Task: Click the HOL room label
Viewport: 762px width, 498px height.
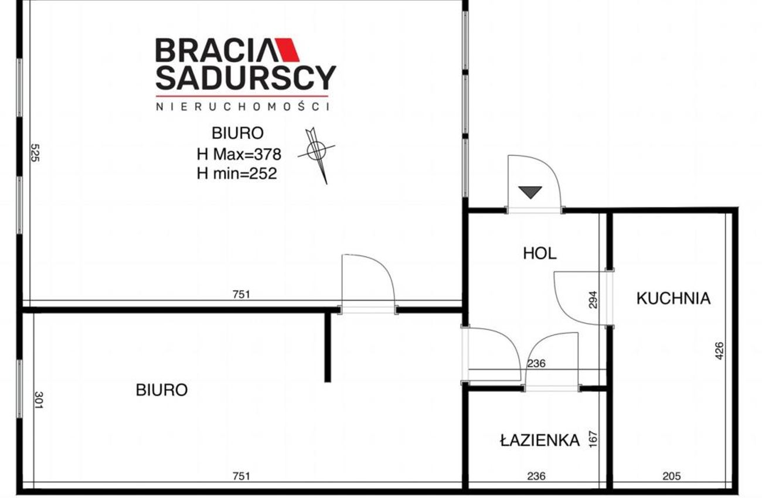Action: pos(539,254)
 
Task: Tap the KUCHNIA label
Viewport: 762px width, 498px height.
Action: pos(673,298)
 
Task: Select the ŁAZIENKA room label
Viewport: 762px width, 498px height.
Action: pos(540,440)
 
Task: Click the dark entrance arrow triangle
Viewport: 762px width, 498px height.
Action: pos(530,192)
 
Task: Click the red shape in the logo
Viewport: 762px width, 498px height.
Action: pos(287,50)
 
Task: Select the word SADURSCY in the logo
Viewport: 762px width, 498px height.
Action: pos(246,78)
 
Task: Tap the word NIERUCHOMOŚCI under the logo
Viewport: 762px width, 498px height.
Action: pos(242,107)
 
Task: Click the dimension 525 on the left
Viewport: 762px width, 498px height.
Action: pos(35,153)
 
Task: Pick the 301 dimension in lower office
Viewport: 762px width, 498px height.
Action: pos(39,400)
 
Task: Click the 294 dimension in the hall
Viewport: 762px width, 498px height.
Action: pos(593,299)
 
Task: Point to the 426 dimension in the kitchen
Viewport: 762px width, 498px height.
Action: pos(719,351)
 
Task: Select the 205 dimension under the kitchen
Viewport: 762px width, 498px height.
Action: pos(672,476)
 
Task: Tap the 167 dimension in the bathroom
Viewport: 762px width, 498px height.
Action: pos(593,439)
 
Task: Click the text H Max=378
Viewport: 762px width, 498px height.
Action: pos(239,154)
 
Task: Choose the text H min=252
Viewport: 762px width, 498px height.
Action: pos(237,173)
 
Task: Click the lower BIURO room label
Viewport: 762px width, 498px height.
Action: pos(162,390)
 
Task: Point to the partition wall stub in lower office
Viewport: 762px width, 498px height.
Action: pos(327,347)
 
